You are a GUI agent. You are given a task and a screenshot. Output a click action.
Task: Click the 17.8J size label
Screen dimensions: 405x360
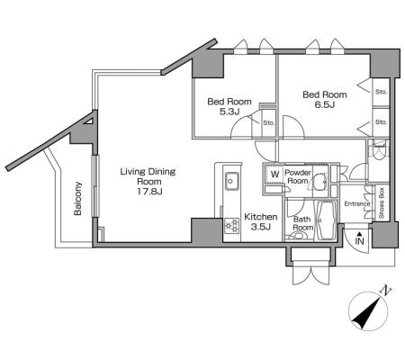coord(149,191)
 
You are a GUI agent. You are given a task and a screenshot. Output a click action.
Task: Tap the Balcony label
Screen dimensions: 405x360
coord(77,198)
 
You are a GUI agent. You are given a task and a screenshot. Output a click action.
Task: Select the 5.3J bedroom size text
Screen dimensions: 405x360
coord(229,112)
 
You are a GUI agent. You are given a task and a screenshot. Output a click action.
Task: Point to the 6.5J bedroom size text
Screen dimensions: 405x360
coord(325,104)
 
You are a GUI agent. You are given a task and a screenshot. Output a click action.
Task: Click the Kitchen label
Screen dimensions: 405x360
coord(261,217)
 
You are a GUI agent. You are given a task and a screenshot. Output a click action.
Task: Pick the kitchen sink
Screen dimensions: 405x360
coord(232,181)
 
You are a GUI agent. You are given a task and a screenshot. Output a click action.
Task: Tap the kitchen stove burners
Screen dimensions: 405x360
coord(232,226)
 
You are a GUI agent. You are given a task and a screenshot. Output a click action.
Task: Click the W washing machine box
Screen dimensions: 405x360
coord(274,175)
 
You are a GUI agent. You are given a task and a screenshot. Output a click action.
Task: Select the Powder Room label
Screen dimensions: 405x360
coord(298,176)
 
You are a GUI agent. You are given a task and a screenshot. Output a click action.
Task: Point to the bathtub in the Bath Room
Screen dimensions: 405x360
coord(327,220)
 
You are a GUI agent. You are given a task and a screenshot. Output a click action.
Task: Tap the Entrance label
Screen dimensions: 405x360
coord(357,204)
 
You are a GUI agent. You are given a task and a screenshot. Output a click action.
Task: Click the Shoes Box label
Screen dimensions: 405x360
coord(382,203)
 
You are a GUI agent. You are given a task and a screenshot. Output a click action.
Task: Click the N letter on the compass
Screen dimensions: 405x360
coord(386,290)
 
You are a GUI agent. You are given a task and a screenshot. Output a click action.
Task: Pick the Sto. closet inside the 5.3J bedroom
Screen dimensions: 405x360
coord(269,123)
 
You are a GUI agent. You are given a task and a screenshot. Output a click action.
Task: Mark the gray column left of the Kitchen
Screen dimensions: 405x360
coord(207,230)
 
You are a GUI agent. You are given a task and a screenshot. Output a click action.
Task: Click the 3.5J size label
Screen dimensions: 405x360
coord(261,227)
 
